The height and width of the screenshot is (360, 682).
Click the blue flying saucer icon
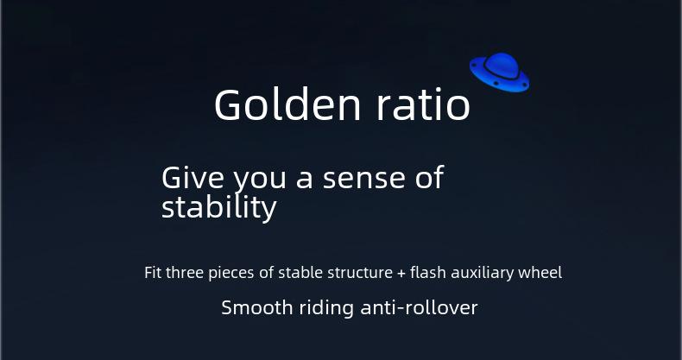click(499, 73)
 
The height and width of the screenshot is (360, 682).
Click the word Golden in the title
click(287, 104)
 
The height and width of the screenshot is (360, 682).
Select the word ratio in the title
click(423, 104)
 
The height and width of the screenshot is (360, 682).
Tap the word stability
click(218, 207)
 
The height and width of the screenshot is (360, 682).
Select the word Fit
click(153, 273)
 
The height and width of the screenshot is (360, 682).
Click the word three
click(186, 273)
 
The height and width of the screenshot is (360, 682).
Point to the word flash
click(427, 273)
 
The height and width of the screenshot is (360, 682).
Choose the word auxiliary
click(483, 274)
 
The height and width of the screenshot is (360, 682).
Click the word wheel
click(540, 273)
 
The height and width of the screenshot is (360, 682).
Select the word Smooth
click(257, 308)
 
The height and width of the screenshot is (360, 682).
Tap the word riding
click(326, 309)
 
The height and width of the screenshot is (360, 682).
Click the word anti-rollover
click(420, 308)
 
